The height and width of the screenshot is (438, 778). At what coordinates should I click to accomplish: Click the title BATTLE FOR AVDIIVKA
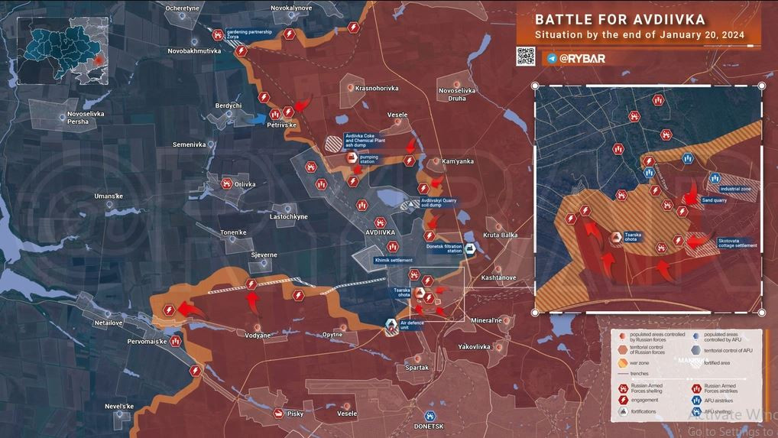tap(620, 19)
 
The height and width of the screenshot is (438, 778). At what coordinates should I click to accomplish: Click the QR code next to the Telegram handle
tap(525, 57)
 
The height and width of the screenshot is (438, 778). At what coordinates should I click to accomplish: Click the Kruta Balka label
tap(501, 235)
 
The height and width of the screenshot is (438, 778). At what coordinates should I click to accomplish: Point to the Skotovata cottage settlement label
tap(737, 244)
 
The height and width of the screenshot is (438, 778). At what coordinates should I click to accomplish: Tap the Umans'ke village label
tap(109, 196)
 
